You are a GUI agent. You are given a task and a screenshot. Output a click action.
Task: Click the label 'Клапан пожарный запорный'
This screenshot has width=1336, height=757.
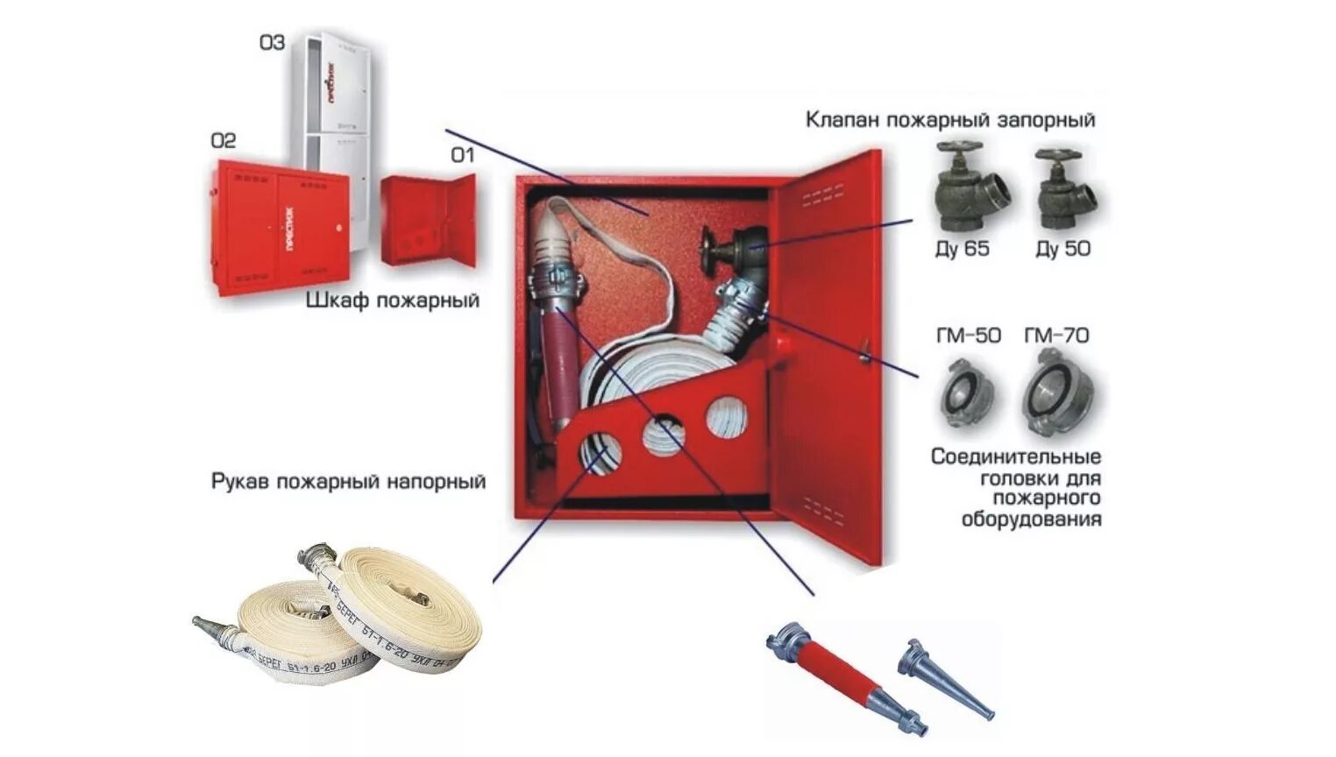950,119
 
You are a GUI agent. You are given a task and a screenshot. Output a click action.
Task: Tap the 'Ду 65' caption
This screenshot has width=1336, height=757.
962,249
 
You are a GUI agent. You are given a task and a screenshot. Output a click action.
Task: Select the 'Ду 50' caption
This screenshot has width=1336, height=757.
1062,249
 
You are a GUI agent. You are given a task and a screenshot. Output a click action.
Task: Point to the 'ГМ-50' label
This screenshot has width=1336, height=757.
968,336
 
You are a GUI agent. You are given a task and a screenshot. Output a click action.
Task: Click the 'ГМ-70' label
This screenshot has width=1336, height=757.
1056,336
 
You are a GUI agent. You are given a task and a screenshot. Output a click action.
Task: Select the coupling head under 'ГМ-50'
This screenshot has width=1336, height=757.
967,395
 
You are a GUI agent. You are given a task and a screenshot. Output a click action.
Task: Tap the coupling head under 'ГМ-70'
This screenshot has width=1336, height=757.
1059,394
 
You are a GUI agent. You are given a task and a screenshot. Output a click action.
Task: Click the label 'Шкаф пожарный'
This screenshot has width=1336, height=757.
393,301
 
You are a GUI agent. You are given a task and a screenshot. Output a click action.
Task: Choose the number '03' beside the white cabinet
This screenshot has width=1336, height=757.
272,42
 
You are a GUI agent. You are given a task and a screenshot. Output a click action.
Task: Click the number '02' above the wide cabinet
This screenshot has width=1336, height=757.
223,140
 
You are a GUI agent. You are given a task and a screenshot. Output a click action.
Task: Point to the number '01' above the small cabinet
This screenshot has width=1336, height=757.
462,155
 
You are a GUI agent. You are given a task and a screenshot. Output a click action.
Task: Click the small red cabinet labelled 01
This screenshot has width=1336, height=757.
428,221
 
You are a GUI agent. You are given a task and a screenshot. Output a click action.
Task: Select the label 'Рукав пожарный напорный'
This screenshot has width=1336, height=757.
348,482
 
